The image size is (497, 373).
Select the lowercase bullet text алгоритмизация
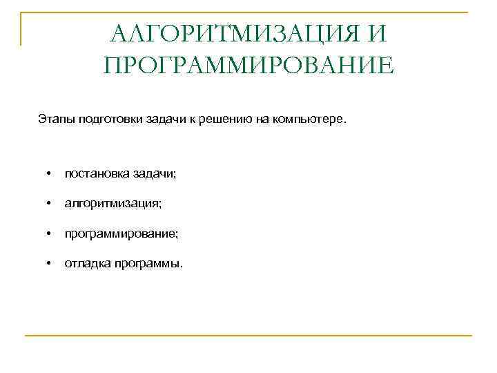tap(113, 204)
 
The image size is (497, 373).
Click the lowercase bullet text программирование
tap(121, 234)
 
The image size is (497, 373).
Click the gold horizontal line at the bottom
tap(248, 336)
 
